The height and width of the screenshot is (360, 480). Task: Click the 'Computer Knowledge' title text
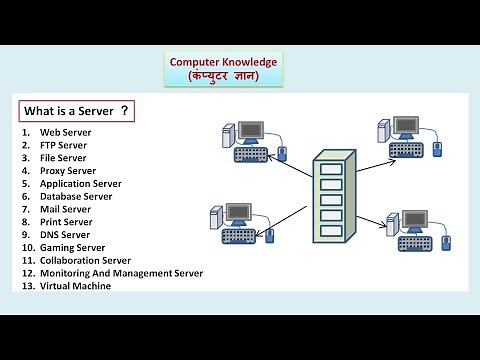tap(223, 62)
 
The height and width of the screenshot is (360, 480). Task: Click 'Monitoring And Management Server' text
tap(121, 273)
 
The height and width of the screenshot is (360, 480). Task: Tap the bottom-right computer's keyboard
tap(410, 245)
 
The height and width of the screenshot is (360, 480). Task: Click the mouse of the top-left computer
tap(281, 152)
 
